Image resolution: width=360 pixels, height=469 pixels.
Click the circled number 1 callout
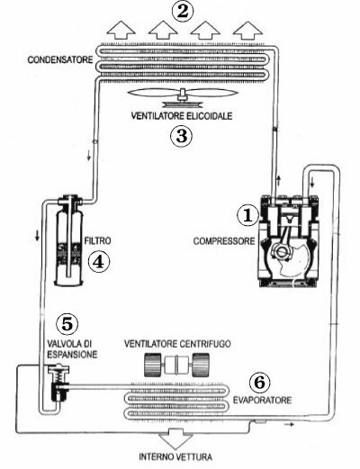click(x=247, y=215)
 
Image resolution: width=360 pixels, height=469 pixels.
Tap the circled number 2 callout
click(x=183, y=12)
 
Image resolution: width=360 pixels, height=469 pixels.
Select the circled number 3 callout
click(x=181, y=136)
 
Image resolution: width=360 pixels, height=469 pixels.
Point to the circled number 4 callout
click(x=99, y=262)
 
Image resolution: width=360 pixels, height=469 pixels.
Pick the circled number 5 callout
click(x=67, y=324)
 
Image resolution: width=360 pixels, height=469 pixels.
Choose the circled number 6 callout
click(x=260, y=383)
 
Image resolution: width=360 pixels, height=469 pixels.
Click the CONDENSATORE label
click(x=60, y=59)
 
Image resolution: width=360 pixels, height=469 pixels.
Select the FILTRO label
click(x=97, y=240)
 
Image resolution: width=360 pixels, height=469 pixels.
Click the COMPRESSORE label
click(x=224, y=241)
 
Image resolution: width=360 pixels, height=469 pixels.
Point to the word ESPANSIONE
click(x=72, y=355)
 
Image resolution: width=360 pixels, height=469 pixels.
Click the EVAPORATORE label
click(x=263, y=400)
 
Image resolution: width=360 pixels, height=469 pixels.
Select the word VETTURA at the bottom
click(x=193, y=457)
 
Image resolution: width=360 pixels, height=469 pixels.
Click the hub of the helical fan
click(x=183, y=95)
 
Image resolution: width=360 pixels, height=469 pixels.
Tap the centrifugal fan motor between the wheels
click(x=176, y=365)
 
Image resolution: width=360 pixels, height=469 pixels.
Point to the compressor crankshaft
click(x=283, y=251)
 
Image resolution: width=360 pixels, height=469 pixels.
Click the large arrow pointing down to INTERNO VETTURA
click(x=175, y=437)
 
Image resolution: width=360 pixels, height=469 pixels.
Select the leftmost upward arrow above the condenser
click(x=121, y=30)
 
